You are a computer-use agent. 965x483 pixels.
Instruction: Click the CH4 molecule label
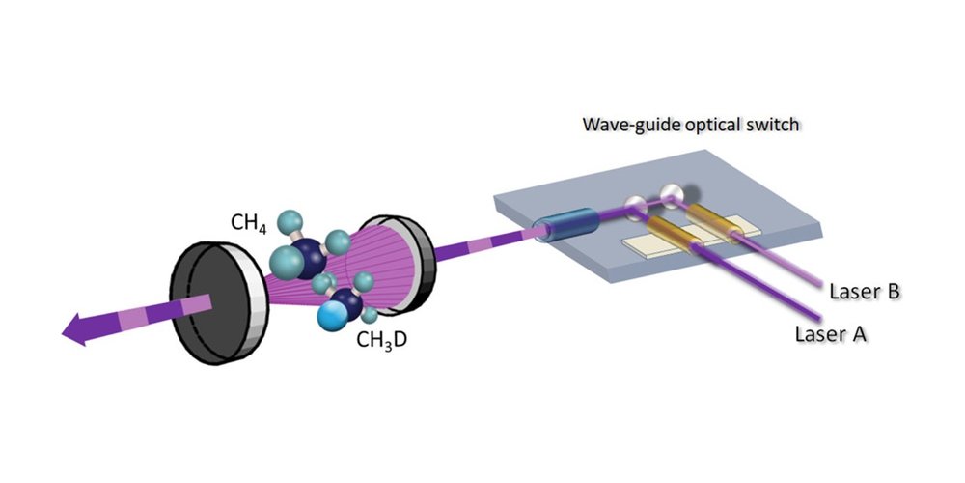pyautogui.click(x=249, y=224)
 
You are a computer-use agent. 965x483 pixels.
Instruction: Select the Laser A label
pyautogui.click(x=833, y=334)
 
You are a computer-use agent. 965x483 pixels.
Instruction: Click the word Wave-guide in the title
pyautogui.click(x=617, y=127)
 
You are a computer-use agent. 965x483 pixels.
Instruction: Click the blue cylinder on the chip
pyautogui.click(x=568, y=228)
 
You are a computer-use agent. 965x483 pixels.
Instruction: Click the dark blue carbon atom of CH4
pyautogui.click(x=312, y=260)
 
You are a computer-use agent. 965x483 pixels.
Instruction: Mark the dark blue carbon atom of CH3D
pyautogui.click(x=346, y=301)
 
